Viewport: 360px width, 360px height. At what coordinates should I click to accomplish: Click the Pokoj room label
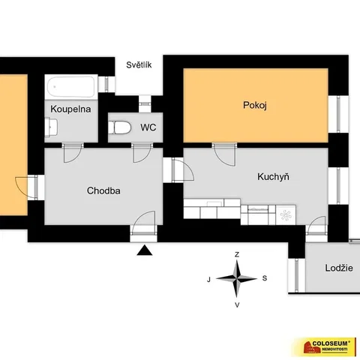(255, 105)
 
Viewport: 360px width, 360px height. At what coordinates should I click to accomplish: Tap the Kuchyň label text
(273, 176)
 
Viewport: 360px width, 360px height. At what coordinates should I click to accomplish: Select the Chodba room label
(103, 190)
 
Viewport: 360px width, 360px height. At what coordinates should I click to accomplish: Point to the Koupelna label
(70, 109)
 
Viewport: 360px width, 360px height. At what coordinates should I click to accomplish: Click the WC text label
(148, 127)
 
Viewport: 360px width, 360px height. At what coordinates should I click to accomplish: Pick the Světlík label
(139, 64)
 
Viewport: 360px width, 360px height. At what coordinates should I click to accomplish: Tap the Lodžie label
(339, 268)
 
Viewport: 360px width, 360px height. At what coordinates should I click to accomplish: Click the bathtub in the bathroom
(71, 87)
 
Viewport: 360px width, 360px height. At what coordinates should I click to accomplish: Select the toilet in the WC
(119, 127)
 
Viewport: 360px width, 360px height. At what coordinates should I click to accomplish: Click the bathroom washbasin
(51, 127)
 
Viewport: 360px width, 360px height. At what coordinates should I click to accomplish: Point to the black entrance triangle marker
(145, 250)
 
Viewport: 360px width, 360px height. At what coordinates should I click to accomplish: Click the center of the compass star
(236, 278)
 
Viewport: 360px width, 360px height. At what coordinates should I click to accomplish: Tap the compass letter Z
(237, 254)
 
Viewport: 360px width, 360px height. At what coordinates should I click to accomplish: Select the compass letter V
(237, 305)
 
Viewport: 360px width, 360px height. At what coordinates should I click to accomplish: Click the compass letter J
(208, 280)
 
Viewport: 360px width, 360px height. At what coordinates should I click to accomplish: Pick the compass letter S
(265, 278)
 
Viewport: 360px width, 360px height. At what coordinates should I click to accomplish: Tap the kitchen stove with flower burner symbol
(286, 214)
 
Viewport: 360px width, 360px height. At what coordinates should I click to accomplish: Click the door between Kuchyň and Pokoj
(224, 154)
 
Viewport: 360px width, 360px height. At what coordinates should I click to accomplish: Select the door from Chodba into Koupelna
(73, 152)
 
